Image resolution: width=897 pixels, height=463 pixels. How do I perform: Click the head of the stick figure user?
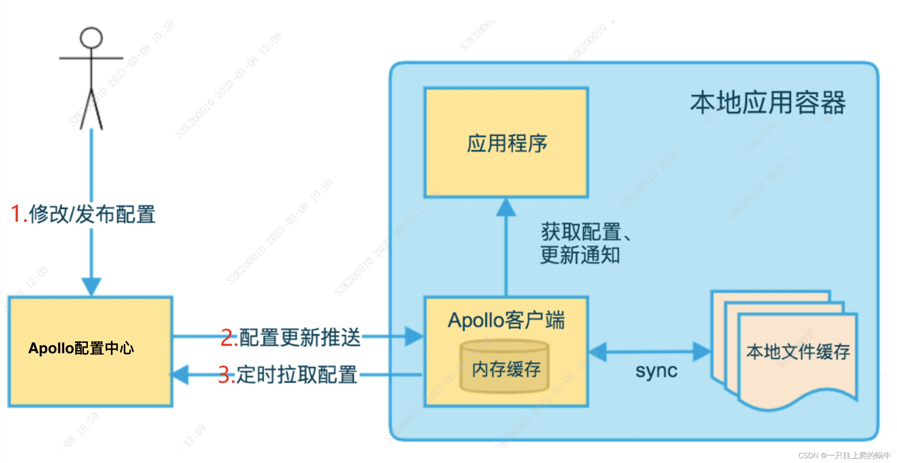coord(91,38)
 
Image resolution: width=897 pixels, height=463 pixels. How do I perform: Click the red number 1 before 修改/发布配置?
coord(16,214)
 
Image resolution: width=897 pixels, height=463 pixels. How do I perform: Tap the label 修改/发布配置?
coord(92,214)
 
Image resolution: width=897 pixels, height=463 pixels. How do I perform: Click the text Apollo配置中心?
coord(81,348)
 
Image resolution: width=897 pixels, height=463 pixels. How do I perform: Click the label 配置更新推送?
coord(300,338)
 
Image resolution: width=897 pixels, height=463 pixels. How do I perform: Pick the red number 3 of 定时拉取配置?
coord(226,375)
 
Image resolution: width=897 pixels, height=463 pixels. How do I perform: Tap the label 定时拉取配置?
coord(297,375)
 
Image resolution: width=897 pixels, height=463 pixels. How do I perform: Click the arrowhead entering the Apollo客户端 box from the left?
coord(414,336)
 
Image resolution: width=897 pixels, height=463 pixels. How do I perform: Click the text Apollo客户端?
coord(506,320)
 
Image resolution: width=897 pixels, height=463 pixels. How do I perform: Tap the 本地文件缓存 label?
coord(798,352)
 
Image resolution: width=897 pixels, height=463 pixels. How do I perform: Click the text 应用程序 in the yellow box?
coord(507,143)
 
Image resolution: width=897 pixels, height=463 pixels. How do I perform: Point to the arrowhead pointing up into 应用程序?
coord(506,208)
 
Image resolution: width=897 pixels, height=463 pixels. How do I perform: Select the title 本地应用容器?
coord(768,103)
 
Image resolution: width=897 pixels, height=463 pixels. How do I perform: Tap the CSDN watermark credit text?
coord(844,455)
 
